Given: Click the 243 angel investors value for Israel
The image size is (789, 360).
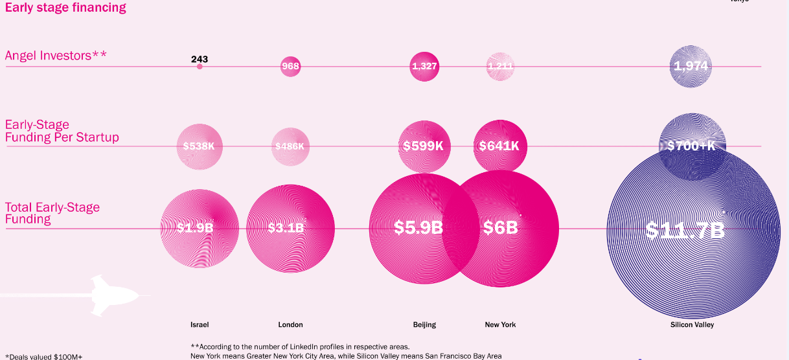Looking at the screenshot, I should tap(200, 60).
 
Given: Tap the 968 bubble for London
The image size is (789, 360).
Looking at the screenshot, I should tap(290, 66).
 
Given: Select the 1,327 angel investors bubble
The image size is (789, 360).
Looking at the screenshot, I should tap(424, 66).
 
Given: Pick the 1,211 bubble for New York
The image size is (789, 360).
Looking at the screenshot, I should tap(500, 66).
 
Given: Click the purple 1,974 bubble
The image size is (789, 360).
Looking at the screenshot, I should tap(691, 66).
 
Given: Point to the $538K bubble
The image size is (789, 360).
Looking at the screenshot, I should tap(199, 146).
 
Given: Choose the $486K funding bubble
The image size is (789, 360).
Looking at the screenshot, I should tap(290, 146).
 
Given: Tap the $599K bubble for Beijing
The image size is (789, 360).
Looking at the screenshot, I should tap(423, 146).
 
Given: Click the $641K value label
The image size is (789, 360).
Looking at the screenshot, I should tap(499, 146).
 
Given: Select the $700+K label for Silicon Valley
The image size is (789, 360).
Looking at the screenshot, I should tap(691, 146).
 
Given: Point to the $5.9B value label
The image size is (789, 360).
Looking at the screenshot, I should tap(418, 228).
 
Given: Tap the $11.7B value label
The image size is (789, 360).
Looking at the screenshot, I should tap(685, 231).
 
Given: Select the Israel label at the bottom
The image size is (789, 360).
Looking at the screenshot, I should tap(200, 324).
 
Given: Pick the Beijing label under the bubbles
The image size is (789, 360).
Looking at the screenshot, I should tap(424, 324).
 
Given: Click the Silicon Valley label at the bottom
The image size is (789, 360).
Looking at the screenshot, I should tap(692, 324).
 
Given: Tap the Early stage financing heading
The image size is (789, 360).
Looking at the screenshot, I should tap(65, 8).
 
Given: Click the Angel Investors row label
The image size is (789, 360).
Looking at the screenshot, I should tap(56, 56).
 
